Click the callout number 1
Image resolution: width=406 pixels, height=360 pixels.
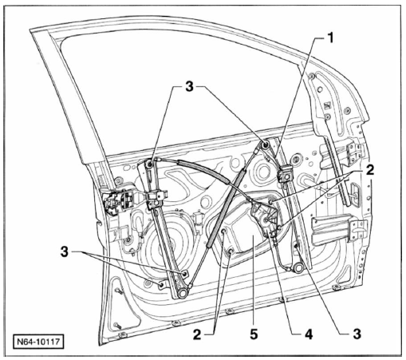point(330,38)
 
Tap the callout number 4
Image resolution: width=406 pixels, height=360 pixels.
point(309,334)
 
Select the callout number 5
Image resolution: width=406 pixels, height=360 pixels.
point(254,334)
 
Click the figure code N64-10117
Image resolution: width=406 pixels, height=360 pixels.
point(38,341)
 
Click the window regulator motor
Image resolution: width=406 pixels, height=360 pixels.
point(266,216)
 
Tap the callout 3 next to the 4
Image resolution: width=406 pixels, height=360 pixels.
point(357,334)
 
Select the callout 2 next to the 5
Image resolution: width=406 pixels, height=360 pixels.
point(197,334)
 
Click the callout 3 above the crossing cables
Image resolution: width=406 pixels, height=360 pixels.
point(189,87)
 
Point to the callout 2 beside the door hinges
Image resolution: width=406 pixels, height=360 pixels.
point(370,169)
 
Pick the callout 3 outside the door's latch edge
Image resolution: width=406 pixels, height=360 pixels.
point(65,251)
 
